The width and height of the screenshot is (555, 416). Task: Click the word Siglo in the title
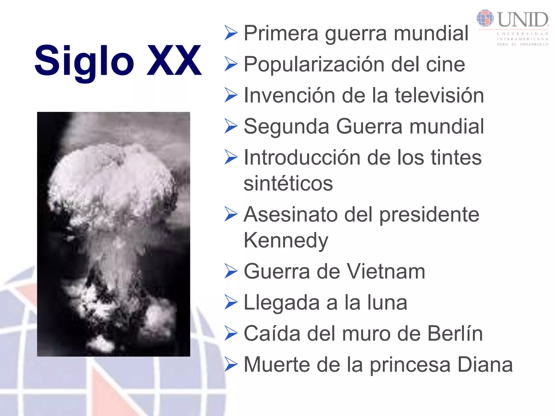pyautogui.click(x=84, y=61)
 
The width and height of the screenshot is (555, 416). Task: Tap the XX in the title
pyautogui.click(x=174, y=60)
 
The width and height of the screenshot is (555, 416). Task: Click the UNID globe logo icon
pyautogui.click(x=485, y=18)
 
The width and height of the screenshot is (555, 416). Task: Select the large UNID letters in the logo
pyautogui.click(x=523, y=19)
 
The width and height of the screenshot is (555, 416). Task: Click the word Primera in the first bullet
pyautogui.click(x=281, y=33)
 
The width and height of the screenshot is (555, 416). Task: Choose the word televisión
pyautogui.click(x=439, y=95)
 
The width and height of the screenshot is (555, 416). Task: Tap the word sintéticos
pyautogui.click(x=288, y=183)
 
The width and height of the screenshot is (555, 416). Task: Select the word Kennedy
pyautogui.click(x=286, y=240)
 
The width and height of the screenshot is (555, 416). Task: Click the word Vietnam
pyautogui.click(x=386, y=271)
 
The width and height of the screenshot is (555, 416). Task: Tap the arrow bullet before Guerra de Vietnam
pyautogui.click(x=231, y=271)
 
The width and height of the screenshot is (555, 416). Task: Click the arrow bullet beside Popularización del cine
pyautogui.click(x=231, y=64)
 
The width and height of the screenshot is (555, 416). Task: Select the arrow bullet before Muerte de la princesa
pyautogui.click(x=231, y=365)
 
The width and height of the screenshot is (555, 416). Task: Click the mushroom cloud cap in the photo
pyautogui.click(x=111, y=179)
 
